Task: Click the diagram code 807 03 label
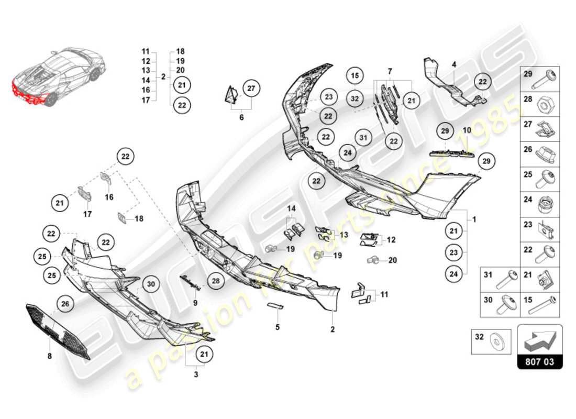tap(539, 361)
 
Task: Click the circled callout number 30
tap(151, 284)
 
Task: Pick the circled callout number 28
tap(216, 281)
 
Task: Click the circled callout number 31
tap(362, 137)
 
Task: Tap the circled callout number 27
tap(251, 89)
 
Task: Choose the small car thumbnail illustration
tap(58, 79)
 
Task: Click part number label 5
tap(278, 327)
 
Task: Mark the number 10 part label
tap(467, 129)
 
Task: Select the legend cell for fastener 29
tap(540, 80)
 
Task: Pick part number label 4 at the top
tap(454, 64)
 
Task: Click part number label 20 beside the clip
tap(393, 260)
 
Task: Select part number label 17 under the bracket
tap(87, 214)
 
